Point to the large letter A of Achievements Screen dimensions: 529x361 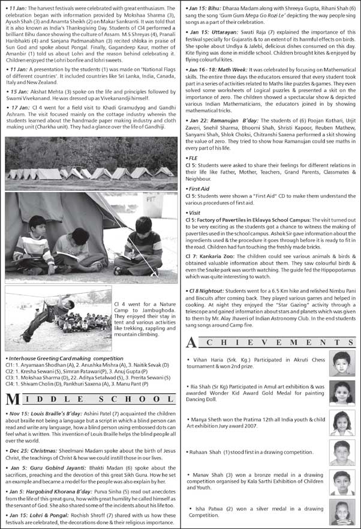(x=191, y=343)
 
